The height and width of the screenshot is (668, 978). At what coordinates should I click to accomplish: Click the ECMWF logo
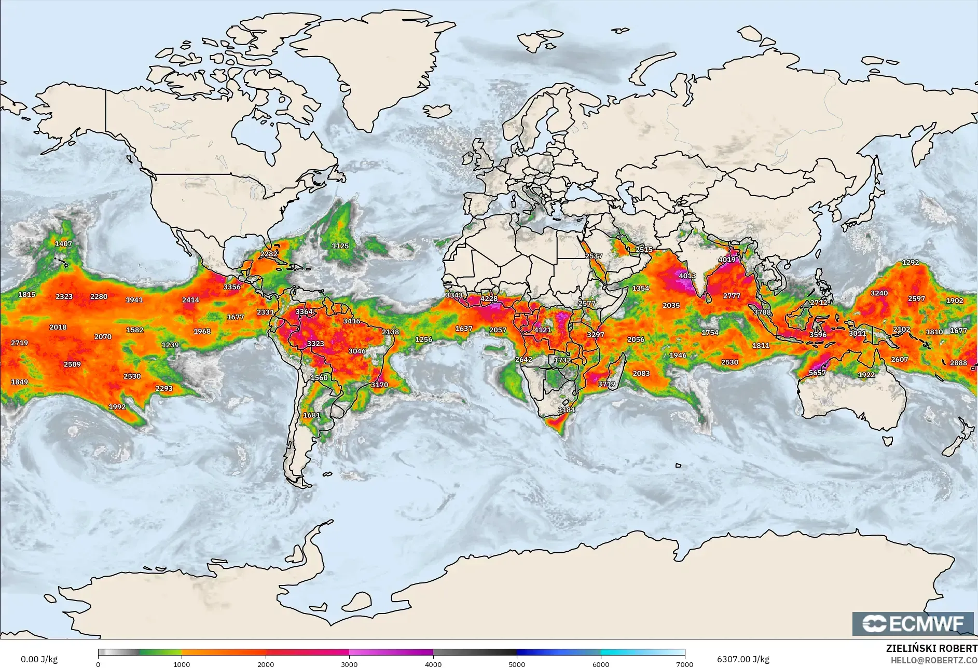tap(913, 623)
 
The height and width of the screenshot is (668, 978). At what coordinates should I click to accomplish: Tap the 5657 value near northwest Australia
tap(817, 373)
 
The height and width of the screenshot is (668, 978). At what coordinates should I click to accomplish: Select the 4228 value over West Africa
tap(489, 298)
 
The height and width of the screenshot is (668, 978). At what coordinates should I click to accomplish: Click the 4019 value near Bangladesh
tap(727, 260)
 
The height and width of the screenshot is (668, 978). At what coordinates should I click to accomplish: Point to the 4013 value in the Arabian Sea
tap(687, 276)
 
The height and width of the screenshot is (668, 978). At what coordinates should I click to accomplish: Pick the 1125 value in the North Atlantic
tap(340, 246)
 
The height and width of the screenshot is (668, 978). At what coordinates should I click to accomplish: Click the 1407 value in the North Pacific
tap(64, 243)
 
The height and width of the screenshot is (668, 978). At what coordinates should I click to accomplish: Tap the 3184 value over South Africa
tap(566, 410)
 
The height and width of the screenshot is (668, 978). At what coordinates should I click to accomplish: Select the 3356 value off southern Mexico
tap(232, 287)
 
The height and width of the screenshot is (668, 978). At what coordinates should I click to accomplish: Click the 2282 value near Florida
tap(269, 254)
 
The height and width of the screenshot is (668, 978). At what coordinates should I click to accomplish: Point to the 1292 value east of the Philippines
tap(911, 262)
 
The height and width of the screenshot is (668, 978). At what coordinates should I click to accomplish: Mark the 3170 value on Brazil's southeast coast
tap(379, 385)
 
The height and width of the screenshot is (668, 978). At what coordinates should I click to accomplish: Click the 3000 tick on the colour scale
tap(349, 664)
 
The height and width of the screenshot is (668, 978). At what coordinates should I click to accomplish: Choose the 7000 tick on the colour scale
tap(685, 664)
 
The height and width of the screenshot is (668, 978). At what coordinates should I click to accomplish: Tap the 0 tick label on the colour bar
tap(98, 664)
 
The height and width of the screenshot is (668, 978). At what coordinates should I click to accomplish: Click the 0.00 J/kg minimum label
tap(39, 659)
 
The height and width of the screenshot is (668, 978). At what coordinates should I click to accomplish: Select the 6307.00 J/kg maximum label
tap(743, 659)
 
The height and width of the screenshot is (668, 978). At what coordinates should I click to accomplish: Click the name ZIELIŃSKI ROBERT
tap(931, 648)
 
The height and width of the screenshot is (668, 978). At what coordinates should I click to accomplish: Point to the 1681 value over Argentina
tap(312, 415)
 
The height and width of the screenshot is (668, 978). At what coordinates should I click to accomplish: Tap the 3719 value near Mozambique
tap(606, 384)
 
